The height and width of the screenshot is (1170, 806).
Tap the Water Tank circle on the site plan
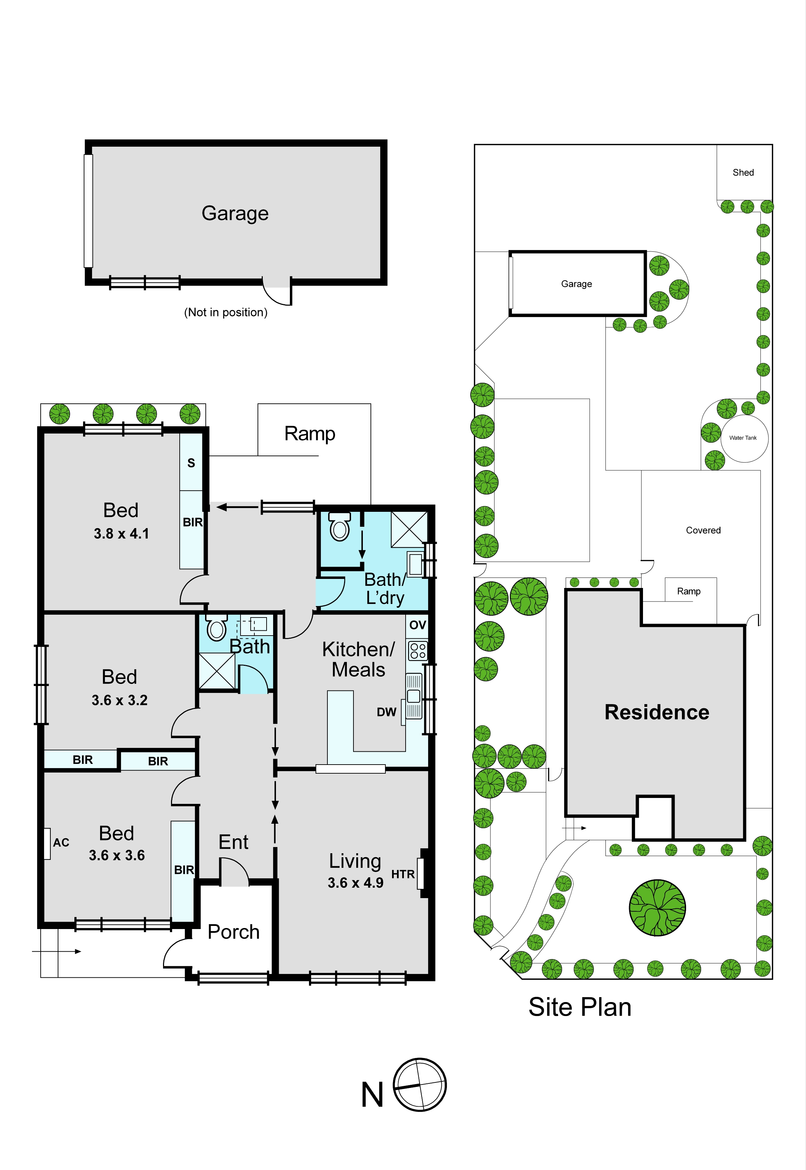744,438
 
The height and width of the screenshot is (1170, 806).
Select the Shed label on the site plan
743,173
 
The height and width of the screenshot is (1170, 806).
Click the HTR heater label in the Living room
402,874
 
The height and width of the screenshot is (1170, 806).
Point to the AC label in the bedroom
61,842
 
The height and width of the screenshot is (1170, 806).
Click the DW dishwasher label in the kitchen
386,712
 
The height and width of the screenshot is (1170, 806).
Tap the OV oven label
418,625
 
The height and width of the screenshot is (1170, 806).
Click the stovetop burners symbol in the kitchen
418,651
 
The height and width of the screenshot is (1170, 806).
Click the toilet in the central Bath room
217,628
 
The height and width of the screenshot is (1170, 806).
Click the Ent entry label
233,842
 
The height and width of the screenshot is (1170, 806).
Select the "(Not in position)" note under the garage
226,312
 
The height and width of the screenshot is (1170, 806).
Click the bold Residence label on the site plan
657,712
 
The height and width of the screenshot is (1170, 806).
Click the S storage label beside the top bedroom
191,463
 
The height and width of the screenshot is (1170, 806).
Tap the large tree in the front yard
657,908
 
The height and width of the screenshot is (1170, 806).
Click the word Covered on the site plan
703,531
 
